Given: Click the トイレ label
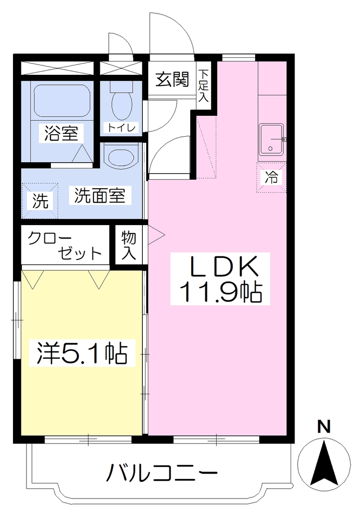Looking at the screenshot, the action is pos(121,127).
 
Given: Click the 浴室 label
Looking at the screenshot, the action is pos(61,133).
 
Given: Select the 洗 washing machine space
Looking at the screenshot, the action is pos(40,201).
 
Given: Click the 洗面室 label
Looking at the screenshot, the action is pos(99,196).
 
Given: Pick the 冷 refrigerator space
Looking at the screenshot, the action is pos(271,178).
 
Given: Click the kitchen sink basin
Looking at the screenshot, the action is pos(271,140).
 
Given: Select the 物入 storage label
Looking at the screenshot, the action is pos(129,246).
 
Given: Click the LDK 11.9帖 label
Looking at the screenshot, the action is pos(220,279).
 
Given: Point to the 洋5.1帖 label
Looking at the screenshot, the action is pos(82,353).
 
